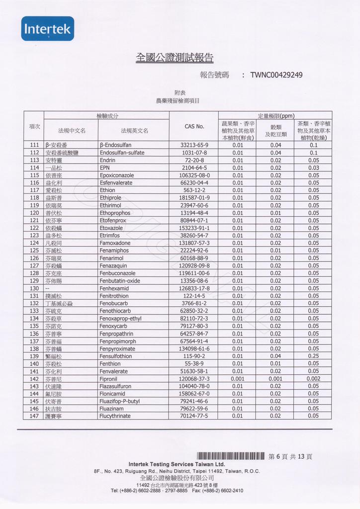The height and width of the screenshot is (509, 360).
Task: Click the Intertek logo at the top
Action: (48, 29)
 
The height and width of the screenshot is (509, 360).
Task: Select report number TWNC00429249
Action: (276, 75)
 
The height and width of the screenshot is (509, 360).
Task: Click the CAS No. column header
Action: (194, 126)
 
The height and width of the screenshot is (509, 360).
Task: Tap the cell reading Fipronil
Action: (108, 378)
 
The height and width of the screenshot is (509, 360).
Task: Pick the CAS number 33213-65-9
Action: (194, 145)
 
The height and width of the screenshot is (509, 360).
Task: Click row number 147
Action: (34, 416)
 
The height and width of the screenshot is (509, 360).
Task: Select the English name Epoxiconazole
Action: (117, 175)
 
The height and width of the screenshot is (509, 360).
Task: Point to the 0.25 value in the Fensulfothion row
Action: (313, 356)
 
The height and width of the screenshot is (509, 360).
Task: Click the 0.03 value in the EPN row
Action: (313, 168)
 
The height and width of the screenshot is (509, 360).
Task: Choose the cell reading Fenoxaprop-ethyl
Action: (120, 318)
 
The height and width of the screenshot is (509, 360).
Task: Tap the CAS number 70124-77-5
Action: (194, 416)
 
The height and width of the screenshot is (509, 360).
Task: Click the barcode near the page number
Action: (230, 456)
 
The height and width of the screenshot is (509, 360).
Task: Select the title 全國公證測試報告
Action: (175, 58)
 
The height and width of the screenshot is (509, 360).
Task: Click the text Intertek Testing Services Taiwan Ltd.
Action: (177, 464)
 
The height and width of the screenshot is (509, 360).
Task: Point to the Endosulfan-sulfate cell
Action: (122, 153)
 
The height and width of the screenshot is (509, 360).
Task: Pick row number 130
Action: (34, 288)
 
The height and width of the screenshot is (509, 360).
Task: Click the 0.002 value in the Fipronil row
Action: (313, 378)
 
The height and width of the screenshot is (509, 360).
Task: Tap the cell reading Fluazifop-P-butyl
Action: (119, 401)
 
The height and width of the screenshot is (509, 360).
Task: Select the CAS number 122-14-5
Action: (194, 296)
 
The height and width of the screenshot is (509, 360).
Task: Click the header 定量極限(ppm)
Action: (276, 116)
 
